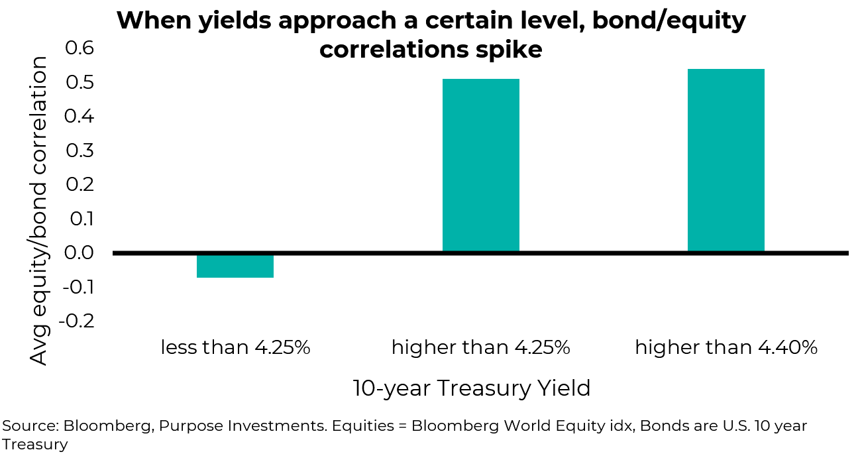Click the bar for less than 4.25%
tap(235, 265)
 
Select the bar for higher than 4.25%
tap(480, 166)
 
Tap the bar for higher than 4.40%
tap(726, 160)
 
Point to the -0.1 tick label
tap(77, 287)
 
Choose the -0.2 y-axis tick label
tap(77, 321)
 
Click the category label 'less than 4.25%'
tap(235, 347)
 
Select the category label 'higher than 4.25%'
tap(480, 347)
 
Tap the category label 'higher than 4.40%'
tap(726, 347)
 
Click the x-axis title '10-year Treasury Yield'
tap(471, 388)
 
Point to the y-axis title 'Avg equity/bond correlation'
tap(40, 210)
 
